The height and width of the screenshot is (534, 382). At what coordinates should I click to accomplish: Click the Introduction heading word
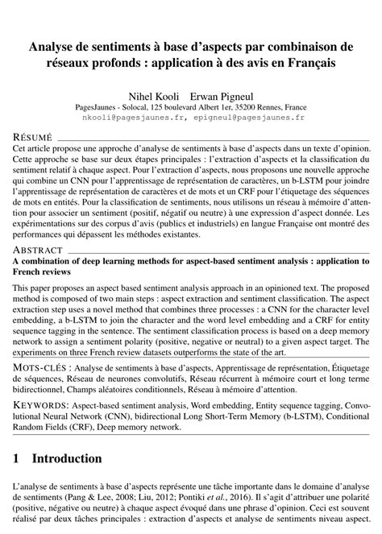click(x=67, y=459)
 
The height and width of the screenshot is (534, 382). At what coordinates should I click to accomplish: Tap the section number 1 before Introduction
click(x=17, y=459)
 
